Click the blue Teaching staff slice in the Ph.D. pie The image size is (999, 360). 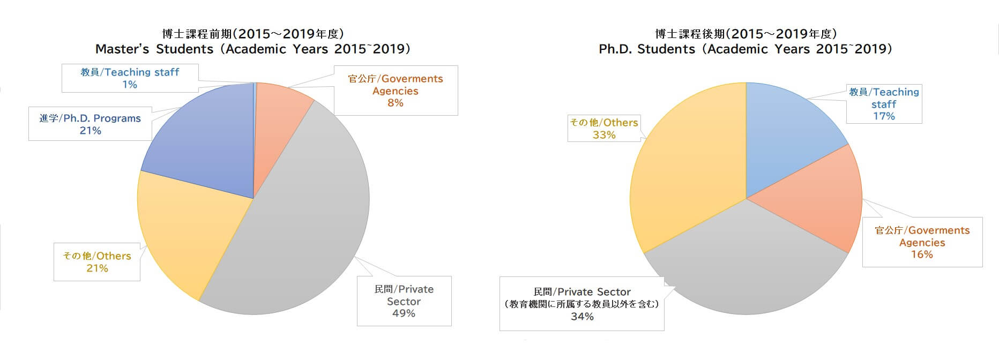[788, 134]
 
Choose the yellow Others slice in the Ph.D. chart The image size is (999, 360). [686, 171]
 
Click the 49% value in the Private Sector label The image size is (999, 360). [404, 313]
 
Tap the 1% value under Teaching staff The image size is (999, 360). [130, 85]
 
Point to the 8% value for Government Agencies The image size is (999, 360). [396, 103]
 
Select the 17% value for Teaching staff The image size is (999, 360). [884, 116]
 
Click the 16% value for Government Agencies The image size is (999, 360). [922, 254]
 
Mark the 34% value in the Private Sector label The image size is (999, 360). [582, 317]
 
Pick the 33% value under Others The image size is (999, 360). [604, 135]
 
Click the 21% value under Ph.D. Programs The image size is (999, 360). [90, 131]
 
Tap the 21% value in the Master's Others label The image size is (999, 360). [97, 268]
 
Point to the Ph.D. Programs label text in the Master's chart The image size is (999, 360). [102, 118]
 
